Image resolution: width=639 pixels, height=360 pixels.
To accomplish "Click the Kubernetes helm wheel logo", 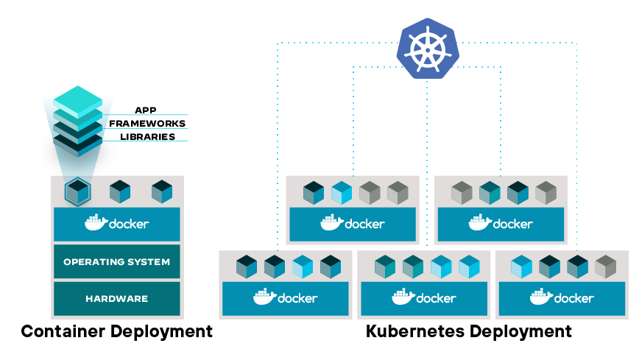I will (427, 48).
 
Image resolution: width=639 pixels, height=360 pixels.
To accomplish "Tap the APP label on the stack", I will (145, 110).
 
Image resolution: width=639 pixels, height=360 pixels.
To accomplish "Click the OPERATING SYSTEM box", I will (116, 261).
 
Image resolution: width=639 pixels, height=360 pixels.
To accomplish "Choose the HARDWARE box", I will (116, 299).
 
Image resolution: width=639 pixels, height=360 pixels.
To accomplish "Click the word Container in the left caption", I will (62, 331).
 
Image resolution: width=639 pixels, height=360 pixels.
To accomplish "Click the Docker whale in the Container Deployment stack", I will (96, 222).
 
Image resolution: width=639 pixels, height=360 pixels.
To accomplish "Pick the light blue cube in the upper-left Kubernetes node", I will (342, 192).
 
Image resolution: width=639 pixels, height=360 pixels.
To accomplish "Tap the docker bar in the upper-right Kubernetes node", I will (501, 224).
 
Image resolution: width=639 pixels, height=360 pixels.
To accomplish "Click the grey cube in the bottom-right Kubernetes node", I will (605, 266).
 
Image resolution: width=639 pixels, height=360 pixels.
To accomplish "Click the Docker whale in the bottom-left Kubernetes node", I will (264, 297).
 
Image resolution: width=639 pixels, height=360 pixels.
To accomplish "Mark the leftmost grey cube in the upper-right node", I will (462, 192).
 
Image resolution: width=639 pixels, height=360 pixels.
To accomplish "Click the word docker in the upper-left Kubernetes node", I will (364, 223).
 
